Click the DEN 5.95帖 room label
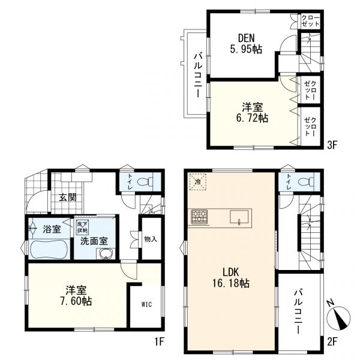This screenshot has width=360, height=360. point(246,44)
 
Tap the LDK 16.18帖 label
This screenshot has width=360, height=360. point(231,278)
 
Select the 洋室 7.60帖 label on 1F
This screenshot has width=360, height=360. point(76,295)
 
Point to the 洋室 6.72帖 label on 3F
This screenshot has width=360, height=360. point(252,113)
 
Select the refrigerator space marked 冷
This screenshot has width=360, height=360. point(197,182)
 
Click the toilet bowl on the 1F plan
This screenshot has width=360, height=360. point(145,182)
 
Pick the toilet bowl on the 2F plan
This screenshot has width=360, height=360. point(306,182)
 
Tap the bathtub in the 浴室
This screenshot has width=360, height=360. point(49,250)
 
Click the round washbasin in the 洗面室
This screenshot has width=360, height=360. point(106,254)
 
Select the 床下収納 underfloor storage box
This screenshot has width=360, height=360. point(83,227)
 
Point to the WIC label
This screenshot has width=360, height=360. point(146,304)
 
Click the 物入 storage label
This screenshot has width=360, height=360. point(151,239)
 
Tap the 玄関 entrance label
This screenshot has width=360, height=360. point(67,197)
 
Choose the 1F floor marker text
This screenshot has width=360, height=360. point(159,342)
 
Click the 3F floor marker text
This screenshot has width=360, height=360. point(332,145)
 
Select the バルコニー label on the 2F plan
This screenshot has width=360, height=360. point(299,312)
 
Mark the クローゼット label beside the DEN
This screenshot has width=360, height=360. point(310,21)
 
